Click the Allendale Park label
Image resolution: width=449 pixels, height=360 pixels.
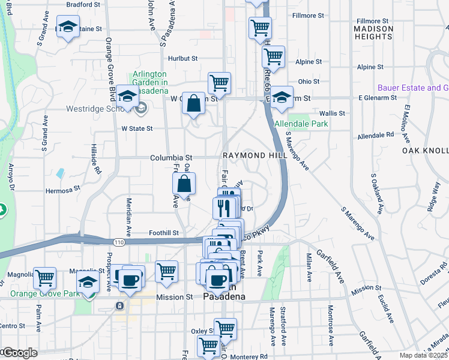click(301, 124)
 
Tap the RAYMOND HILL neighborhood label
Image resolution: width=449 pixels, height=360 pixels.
click(252, 155)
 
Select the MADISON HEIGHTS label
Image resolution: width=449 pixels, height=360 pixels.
click(373, 32)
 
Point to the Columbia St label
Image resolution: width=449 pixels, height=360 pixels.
click(170, 157)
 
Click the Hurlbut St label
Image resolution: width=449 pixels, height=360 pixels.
click(183, 58)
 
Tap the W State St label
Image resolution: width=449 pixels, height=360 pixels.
click(137, 128)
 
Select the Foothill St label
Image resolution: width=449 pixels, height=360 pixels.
click(164, 233)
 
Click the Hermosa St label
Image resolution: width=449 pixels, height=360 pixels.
click(63, 190)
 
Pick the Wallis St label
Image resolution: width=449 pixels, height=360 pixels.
click(333, 113)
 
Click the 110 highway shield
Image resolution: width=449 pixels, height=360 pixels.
click(116, 241)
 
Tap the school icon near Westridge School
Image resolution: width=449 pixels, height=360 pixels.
click(127, 97)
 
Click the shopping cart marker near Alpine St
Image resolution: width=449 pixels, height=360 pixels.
click(273, 56)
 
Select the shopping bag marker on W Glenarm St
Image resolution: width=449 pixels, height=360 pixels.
click(194, 103)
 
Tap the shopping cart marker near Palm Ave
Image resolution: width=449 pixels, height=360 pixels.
click(44, 277)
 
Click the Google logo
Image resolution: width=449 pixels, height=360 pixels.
click(19, 353)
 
